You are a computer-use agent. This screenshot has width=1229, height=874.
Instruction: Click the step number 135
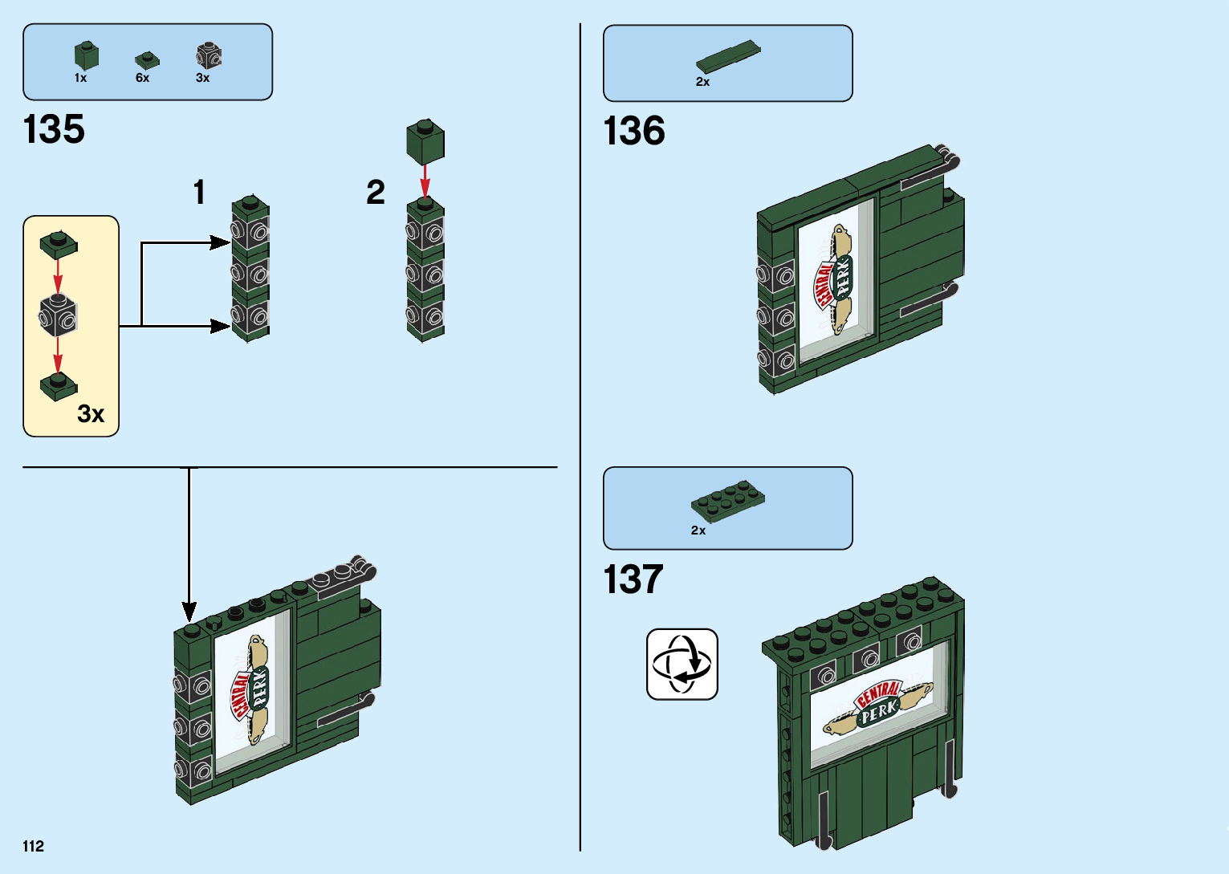54,129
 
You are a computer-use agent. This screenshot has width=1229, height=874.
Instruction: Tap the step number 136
634,131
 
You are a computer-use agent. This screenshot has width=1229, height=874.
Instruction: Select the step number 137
633,579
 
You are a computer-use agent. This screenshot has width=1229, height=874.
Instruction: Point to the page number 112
34,846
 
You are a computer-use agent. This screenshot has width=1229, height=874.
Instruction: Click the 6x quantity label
142,78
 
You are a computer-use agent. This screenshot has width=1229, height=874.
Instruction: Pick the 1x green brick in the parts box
87,55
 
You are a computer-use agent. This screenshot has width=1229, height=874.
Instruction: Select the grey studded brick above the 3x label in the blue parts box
209,56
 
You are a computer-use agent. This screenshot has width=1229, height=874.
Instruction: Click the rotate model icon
682,665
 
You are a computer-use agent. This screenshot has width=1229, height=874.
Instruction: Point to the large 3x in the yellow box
91,414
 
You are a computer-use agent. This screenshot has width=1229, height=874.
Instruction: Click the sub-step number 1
199,193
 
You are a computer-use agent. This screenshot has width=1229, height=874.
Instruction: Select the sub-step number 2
376,193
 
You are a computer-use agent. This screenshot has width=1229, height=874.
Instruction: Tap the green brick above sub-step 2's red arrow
425,142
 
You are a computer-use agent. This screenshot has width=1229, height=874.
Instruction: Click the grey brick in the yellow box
59,315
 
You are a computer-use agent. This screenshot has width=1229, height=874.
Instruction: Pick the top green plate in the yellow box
59,243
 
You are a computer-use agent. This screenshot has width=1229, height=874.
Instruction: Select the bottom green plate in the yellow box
59,386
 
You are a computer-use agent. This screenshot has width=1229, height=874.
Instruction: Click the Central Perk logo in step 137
877,707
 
